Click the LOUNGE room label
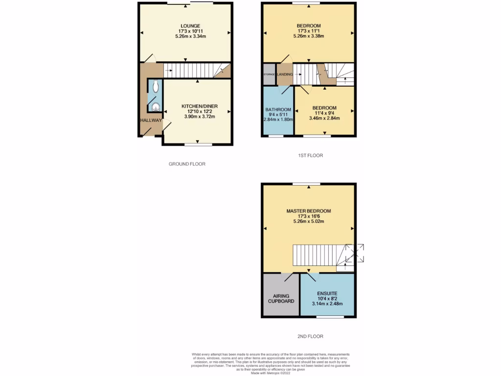click(x=190, y=26)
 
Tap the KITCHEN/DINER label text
click(x=199, y=106)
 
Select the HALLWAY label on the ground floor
click(x=150, y=120)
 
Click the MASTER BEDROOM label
click(x=309, y=211)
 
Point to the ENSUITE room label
click(x=327, y=292)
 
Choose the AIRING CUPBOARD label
click(x=280, y=299)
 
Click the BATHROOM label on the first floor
click(x=278, y=110)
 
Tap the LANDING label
click(x=285, y=74)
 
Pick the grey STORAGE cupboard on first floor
click(x=269, y=74)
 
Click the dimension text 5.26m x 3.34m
click(x=190, y=37)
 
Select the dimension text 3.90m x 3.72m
click(x=199, y=117)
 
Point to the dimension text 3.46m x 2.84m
click(x=324, y=118)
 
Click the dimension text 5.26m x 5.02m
click(x=309, y=221)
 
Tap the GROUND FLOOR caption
click(x=187, y=164)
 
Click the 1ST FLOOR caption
click(x=311, y=156)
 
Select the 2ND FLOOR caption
click(x=311, y=336)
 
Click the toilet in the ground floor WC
click(x=155, y=87)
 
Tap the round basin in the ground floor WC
click(x=156, y=108)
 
